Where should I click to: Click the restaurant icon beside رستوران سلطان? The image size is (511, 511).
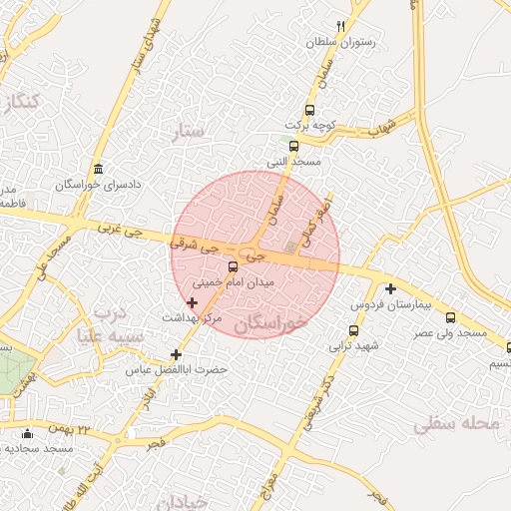[x=341, y=26]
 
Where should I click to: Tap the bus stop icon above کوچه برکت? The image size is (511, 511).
[x=309, y=110]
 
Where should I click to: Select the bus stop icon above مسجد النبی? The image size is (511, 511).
[x=292, y=146]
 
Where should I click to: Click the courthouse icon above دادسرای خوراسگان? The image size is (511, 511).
[x=97, y=169]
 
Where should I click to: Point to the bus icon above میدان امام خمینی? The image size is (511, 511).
[x=233, y=266]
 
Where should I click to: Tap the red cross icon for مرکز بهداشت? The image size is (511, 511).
[x=193, y=301]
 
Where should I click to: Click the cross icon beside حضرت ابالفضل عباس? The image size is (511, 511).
[x=177, y=354]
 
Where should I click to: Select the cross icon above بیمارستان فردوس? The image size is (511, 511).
[x=390, y=288]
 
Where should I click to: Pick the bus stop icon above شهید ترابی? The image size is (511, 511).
[x=353, y=331]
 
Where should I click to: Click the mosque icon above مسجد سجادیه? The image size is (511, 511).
[x=27, y=433]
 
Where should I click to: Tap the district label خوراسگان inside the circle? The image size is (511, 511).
[x=271, y=324]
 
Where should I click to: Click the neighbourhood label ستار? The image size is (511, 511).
[x=188, y=131]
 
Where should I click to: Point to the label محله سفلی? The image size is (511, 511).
[x=455, y=424]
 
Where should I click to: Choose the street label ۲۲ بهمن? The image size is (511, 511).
[x=97, y=429]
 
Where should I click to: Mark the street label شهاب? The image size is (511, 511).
[x=382, y=126]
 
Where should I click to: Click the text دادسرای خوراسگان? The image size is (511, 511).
[x=97, y=186]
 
